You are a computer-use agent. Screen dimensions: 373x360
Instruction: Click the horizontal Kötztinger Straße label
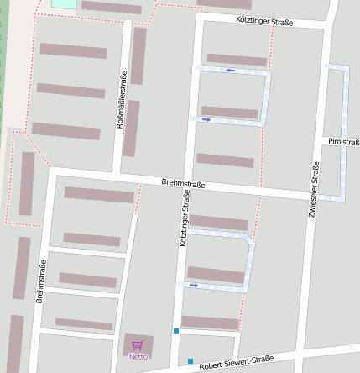tap(264, 22)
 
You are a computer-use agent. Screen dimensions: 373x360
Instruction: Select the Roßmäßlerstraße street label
tap(121, 99)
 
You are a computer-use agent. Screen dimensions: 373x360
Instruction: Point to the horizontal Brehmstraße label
tap(184, 183)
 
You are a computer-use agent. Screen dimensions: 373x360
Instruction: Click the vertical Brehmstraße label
tap(40, 281)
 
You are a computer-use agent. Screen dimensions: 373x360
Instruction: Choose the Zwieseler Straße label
tap(315, 189)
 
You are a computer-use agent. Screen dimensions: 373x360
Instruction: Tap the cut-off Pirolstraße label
tap(344, 142)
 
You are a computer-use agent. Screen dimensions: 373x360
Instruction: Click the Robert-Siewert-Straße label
tap(237, 361)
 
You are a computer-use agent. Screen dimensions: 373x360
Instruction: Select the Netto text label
tap(138, 356)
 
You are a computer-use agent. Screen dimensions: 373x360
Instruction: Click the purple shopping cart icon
tap(138, 345)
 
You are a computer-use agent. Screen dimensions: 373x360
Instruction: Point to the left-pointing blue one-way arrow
tap(231, 71)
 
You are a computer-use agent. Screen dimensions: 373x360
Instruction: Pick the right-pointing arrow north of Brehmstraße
tap(205, 119)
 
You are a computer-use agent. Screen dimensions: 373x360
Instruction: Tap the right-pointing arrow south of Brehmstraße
tap(195, 285)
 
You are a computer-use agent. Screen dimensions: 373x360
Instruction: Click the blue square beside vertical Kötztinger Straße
tap(176, 331)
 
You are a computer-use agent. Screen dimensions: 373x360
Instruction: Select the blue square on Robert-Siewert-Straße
tap(190, 361)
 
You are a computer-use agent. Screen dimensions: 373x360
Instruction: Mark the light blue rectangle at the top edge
tap(63, 3)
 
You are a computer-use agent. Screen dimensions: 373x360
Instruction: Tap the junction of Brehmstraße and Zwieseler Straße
tap(311, 196)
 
